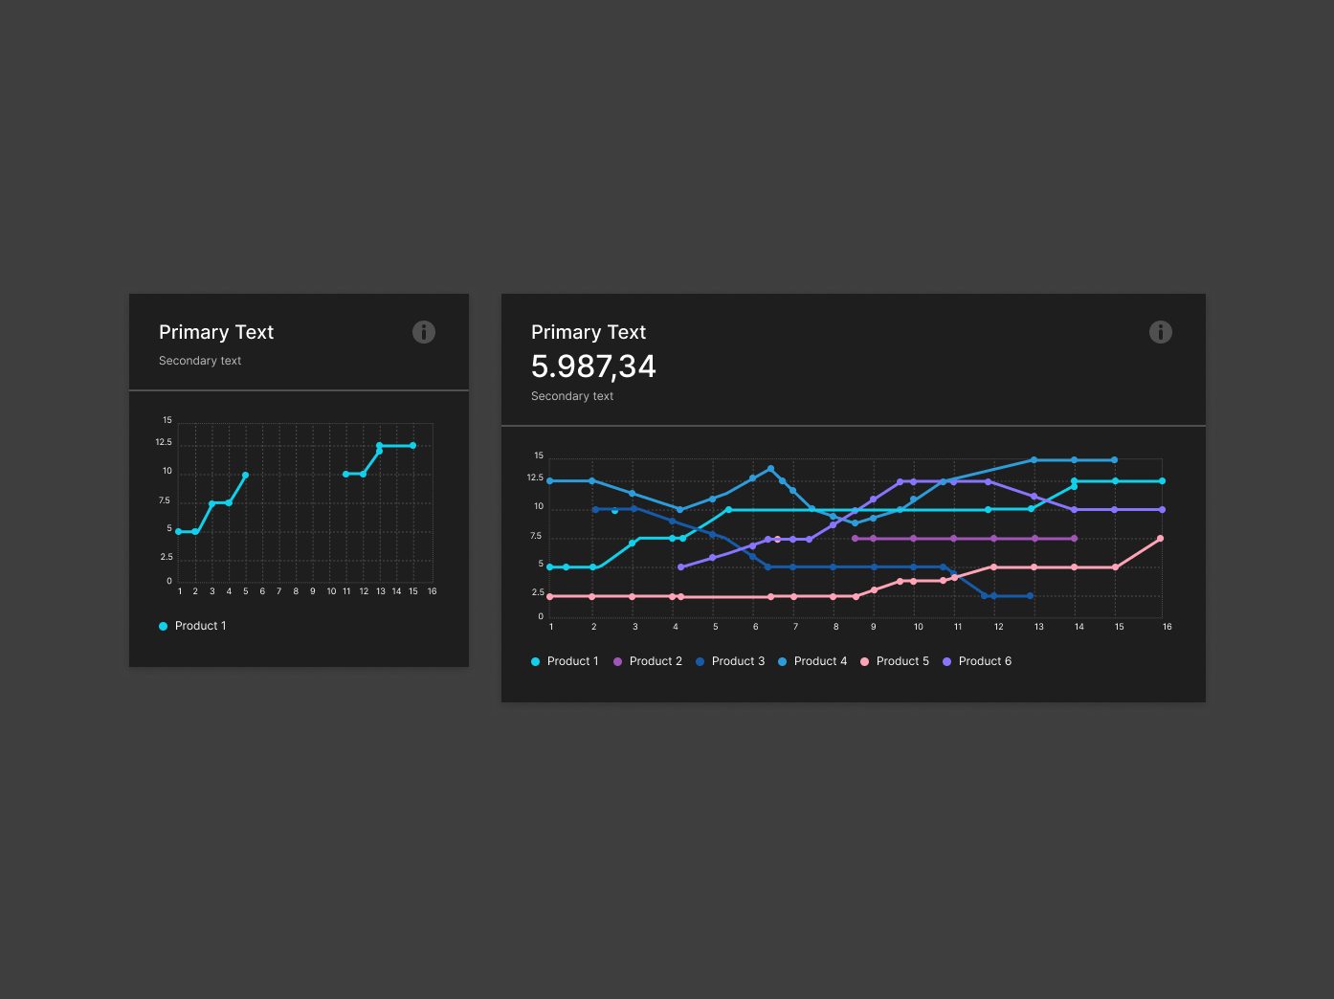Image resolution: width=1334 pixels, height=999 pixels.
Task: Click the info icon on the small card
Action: pos(424,332)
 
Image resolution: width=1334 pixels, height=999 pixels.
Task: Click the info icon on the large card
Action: pos(1160,332)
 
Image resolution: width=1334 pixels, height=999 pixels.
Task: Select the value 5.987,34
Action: pos(593,366)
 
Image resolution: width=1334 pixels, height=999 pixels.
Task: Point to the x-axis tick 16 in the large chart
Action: pos(1167,627)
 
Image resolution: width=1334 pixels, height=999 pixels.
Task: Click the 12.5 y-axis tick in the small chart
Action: pos(164,442)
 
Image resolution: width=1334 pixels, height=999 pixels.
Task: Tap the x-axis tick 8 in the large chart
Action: pos(835,627)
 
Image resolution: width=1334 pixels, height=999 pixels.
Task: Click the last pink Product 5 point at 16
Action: pos(1161,539)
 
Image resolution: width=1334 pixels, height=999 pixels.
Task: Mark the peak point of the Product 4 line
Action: pos(771,469)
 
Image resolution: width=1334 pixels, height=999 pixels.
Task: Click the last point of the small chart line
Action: pos(413,446)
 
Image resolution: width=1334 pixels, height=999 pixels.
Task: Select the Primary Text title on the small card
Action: pos(216,332)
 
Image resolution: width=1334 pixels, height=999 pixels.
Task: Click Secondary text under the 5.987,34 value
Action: pos(572,396)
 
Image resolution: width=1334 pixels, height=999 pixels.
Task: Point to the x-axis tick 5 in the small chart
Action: pos(246,591)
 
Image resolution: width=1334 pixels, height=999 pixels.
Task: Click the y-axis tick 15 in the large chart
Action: pos(539,455)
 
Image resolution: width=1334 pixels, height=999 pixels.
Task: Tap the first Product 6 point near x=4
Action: pos(680,567)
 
